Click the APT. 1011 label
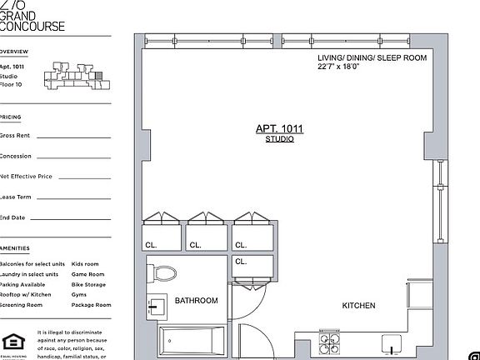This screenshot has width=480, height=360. click(279, 129)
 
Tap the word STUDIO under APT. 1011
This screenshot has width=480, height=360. click(279, 139)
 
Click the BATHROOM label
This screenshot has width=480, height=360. click(196, 301)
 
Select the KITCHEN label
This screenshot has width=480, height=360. click(358, 306)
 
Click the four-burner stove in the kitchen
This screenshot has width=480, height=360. click(324, 345)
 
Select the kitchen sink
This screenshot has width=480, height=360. click(390, 344)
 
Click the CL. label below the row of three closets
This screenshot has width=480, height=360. click(241, 261)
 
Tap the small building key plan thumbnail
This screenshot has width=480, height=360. click(77, 75)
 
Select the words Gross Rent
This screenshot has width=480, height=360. click(15, 135)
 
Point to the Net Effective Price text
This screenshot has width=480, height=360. click(26, 177)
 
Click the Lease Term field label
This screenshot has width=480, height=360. click(16, 197)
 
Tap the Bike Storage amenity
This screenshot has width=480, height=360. click(88, 284)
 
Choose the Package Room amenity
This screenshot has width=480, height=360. click(91, 305)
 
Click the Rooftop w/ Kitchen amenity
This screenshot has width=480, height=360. click(26, 294)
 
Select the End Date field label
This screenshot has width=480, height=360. click(12, 217)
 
